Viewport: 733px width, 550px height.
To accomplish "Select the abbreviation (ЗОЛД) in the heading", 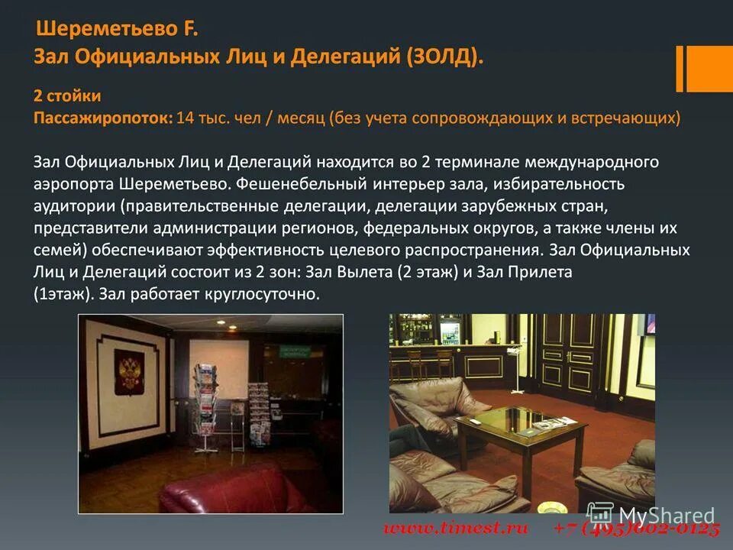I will [x=444, y=57].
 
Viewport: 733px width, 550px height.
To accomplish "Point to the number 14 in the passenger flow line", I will [x=185, y=118].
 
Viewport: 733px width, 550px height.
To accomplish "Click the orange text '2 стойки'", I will [x=67, y=96].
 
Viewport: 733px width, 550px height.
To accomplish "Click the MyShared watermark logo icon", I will [x=599, y=515].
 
